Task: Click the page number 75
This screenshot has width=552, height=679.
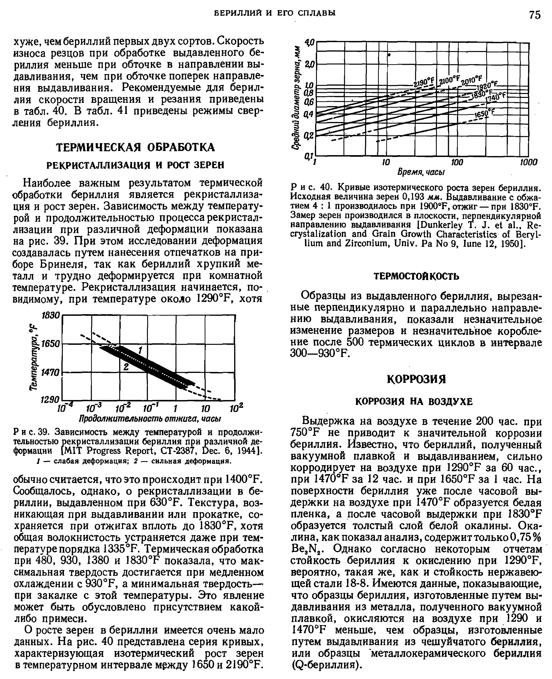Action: coord(535,15)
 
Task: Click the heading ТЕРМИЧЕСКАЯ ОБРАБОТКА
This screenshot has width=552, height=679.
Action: coord(135,147)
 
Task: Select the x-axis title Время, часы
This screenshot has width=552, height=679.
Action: coord(421,172)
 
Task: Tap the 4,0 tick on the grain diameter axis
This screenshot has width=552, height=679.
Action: coord(309,42)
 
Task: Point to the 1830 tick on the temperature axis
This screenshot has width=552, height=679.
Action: coord(51,315)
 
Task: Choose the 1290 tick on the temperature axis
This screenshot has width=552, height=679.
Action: coord(50,399)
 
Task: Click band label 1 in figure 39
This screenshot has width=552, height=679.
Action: coord(140,351)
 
